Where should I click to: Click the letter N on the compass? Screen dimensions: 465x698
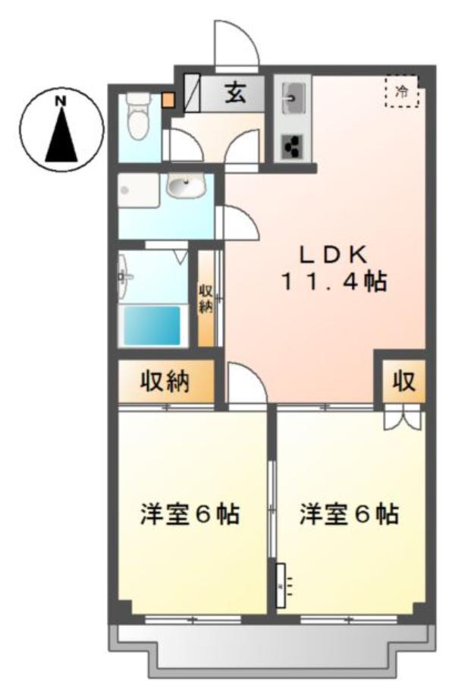click(61, 101)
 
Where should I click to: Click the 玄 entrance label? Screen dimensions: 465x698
click(235, 93)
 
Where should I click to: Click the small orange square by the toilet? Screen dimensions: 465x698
click(168, 100)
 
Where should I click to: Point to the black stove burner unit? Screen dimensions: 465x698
click(292, 146)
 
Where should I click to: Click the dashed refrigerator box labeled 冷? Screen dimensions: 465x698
click(402, 92)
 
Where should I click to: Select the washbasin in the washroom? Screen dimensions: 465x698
click(186, 186)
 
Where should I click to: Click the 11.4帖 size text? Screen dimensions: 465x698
click(333, 281)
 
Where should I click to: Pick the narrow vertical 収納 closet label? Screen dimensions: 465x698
click(205, 299)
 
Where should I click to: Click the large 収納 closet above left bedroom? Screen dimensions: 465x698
click(165, 382)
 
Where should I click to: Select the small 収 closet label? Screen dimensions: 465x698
click(404, 382)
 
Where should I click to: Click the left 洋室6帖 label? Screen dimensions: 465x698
click(190, 514)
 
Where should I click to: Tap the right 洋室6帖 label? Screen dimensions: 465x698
click(349, 514)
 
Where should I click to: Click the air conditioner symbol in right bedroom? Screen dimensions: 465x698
click(281, 585)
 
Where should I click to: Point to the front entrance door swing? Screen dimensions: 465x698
click(236, 45)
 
